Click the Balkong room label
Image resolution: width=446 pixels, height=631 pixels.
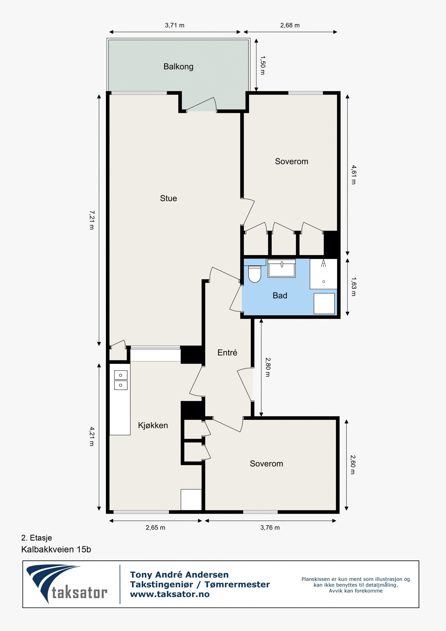[178, 67]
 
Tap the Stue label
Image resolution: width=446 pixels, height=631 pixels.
[168, 198]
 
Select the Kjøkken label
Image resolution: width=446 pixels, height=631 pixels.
[153, 425]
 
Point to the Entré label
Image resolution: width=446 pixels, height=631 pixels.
[227, 352]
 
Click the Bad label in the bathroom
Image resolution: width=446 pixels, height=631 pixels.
[280, 295]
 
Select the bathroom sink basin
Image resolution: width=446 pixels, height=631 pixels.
[282, 268]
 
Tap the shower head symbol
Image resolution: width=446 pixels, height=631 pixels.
[323, 263]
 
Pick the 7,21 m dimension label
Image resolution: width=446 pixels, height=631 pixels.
[92, 220]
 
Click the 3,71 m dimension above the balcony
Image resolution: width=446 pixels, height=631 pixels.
[174, 25]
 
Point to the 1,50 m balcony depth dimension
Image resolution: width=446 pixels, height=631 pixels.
[263, 65]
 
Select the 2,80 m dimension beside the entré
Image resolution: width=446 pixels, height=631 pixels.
[268, 367]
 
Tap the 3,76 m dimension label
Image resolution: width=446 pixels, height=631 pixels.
[270, 528]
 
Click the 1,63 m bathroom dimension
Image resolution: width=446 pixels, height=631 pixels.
[353, 287]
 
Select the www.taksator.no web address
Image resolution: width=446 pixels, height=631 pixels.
[170, 594]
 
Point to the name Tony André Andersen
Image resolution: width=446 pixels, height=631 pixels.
[179, 575]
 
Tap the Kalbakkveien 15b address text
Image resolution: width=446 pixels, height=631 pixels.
[56, 549]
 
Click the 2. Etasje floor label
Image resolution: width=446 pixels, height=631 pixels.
[37, 538]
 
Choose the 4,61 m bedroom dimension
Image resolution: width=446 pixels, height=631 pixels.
[353, 175]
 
